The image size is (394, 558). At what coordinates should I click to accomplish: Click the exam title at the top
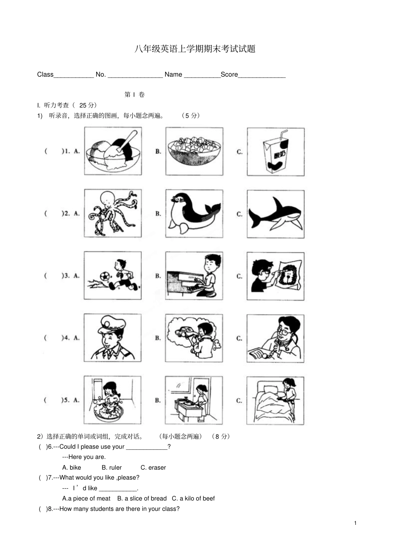[x=195, y=49]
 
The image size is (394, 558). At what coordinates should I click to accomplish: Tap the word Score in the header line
[x=229, y=75]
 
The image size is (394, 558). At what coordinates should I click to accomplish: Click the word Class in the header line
[x=45, y=75]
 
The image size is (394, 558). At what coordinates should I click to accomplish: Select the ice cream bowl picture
[x=113, y=151]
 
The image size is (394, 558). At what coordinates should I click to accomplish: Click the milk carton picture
[x=275, y=152]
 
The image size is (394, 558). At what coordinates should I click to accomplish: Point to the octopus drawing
[x=113, y=213]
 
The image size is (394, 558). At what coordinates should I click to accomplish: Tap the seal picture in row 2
[x=194, y=213]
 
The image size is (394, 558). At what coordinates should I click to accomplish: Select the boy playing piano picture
[x=194, y=276]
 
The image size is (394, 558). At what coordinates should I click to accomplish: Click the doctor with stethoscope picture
[x=275, y=338]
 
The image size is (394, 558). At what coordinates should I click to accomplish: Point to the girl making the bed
[x=275, y=400]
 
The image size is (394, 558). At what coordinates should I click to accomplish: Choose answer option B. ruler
[x=112, y=468]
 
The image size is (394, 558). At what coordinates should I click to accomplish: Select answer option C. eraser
[x=153, y=468]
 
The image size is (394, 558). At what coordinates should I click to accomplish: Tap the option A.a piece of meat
[x=86, y=499]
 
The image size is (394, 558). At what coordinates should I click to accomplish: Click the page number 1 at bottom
[x=355, y=523]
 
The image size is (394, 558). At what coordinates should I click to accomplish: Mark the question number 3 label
[x=66, y=276]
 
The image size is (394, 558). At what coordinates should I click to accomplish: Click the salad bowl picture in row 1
[x=194, y=151]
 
